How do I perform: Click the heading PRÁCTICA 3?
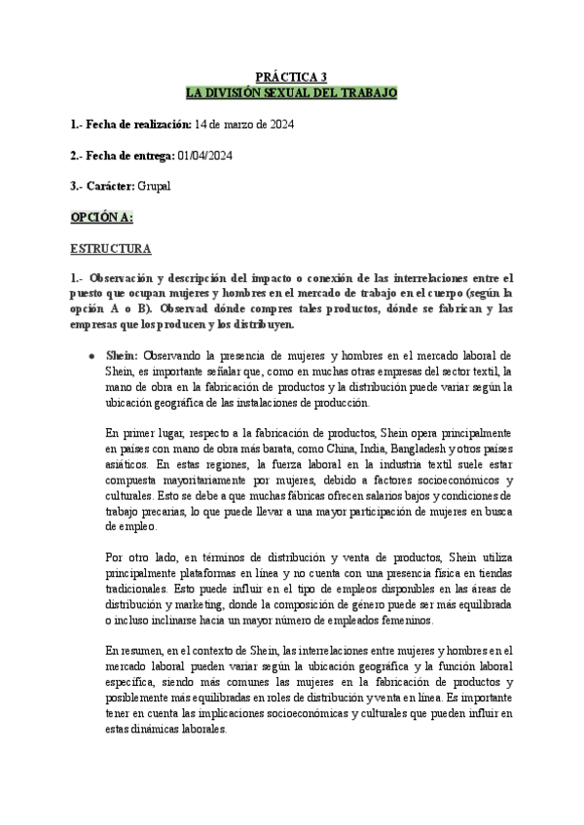point(291,77)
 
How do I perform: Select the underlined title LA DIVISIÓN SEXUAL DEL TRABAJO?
point(291,91)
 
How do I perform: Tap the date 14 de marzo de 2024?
point(244,126)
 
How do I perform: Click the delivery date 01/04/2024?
point(204,156)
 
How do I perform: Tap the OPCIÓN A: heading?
point(101,216)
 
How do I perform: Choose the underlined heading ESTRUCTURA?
point(110,248)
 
